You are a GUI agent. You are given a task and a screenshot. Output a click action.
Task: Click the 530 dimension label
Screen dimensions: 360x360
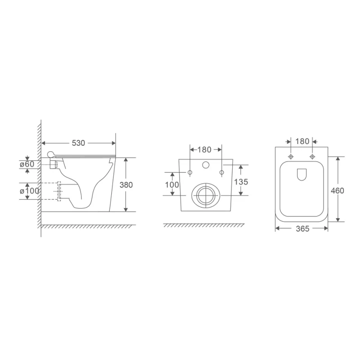[x=79, y=143]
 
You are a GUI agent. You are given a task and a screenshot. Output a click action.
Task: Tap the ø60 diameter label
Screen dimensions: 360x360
[x=28, y=164]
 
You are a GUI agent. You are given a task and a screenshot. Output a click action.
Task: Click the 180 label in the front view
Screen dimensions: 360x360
[x=205, y=149]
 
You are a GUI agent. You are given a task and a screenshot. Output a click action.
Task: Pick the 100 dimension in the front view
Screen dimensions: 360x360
[x=172, y=184]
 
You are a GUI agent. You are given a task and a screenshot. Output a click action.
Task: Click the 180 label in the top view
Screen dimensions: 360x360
[x=302, y=141]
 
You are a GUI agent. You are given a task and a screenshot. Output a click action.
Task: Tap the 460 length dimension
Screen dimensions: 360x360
[x=337, y=190]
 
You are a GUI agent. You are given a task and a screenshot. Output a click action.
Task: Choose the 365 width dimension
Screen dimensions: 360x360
[x=302, y=229]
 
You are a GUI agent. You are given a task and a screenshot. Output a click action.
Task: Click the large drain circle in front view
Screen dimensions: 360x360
[x=205, y=194]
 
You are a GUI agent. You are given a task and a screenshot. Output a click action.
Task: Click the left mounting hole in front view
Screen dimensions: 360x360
[x=190, y=172]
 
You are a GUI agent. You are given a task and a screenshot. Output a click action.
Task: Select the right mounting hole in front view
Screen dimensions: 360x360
[x=221, y=172]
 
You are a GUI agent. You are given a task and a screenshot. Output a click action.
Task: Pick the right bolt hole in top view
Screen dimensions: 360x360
[x=312, y=156]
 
